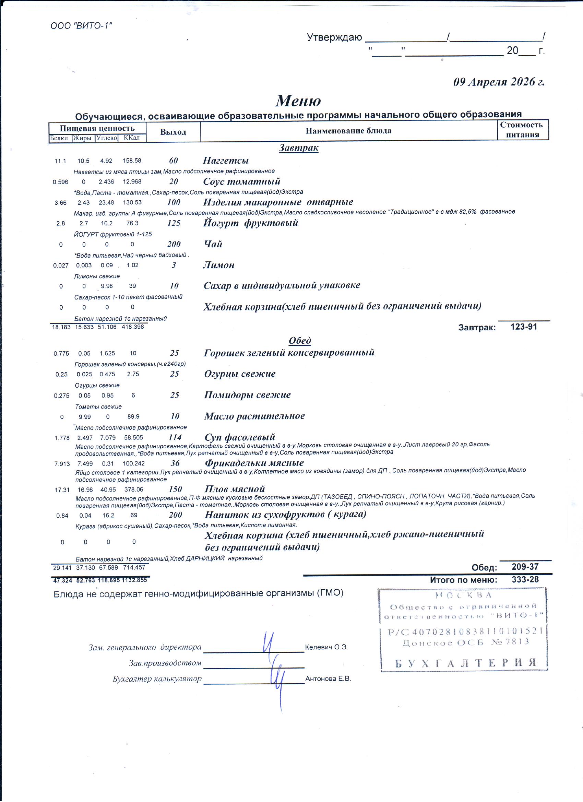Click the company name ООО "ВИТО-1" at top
[81, 26]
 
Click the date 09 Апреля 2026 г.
[499, 82]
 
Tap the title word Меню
[298, 101]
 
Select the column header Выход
[173, 132]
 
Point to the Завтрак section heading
[299, 148]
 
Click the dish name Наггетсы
[226, 161]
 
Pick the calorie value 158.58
[132, 161]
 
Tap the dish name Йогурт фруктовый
[251, 223]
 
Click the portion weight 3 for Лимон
[174, 265]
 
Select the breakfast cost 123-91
[524, 327]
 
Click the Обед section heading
[300, 341]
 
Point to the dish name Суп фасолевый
[240, 437]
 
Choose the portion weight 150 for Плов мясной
[175, 489]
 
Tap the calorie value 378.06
[134, 490]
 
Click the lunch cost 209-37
[525, 567]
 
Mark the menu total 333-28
[525, 580]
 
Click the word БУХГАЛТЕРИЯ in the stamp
[466, 663]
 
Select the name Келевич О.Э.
[326, 647]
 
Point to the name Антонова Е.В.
[328, 679]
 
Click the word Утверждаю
[334, 37]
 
